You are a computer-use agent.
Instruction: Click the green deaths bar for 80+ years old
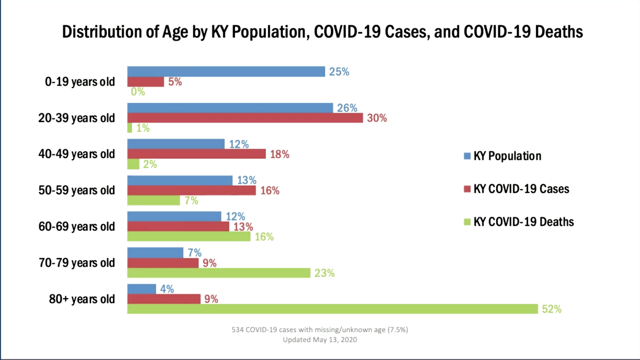click(332, 309)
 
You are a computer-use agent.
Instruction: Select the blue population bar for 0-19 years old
click(226, 71)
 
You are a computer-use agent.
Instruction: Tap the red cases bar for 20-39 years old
click(245, 118)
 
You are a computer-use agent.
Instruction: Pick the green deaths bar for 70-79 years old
click(219, 273)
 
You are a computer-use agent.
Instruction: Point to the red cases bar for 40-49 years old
click(196, 154)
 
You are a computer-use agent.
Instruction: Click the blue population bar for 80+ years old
click(141, 289)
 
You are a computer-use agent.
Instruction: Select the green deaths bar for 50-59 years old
click(153, 200)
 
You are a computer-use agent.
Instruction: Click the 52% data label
click(551, 309)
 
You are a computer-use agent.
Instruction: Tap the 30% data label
click(377, 118)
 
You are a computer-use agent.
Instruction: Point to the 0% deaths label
click(138, 92)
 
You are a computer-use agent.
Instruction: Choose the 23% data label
click(324, 273)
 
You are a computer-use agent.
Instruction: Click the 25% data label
click(339, 72)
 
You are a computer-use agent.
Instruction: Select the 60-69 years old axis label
click(77, 226)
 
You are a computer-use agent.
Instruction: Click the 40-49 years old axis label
click(77, 154)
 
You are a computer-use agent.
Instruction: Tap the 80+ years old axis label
click(82, 299)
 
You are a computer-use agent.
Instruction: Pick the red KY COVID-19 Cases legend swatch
click(467, 189)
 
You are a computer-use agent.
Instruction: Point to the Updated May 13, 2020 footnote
click(320, 340)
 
